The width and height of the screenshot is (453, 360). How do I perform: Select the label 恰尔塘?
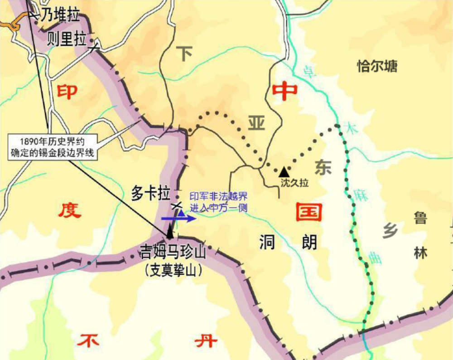tap(377, 66)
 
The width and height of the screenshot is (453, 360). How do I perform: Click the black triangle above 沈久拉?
tap(284, 171)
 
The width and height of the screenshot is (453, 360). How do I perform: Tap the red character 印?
tap(67, 91)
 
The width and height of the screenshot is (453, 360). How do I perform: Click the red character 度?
tap(69, 210)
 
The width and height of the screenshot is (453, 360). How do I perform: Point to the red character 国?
tap(308, 212)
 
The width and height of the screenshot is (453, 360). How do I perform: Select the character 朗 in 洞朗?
tap(308, 243)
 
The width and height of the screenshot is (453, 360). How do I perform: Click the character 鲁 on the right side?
tap(420, 219)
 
